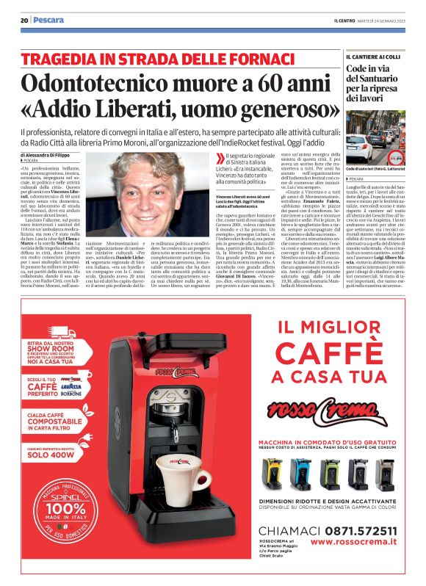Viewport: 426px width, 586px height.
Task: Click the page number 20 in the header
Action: pos(24,21)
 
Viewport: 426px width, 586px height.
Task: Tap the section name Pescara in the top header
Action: pos(48,21)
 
